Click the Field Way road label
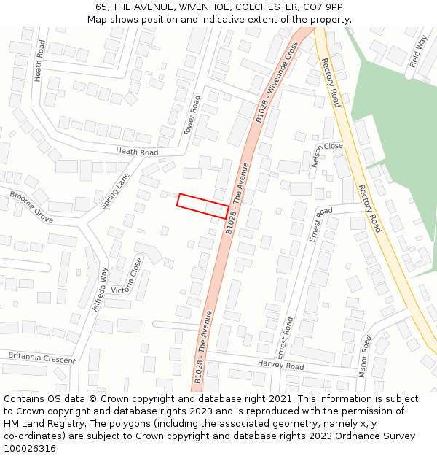[418, 50]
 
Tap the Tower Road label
[192, 115]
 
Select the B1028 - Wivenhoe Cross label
[277, 82]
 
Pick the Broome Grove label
[31, 207]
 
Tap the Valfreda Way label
[98, 290]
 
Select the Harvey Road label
[280, 365]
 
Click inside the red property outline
[203, 205]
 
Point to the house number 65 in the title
[101, 7]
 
